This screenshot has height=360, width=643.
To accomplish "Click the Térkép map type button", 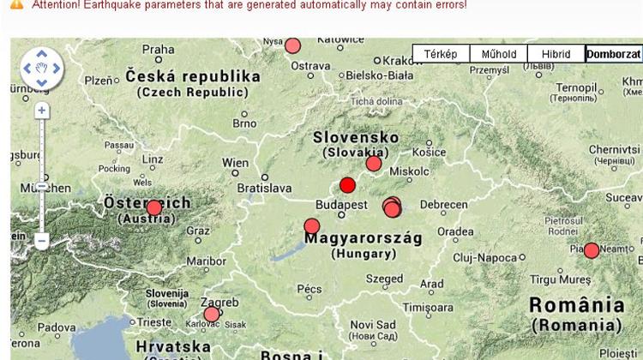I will pos(441,54).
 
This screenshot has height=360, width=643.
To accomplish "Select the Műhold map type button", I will pos(498,54).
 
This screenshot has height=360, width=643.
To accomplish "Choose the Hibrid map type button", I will pos(556,54).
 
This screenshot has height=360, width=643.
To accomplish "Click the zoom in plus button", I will pos(42,111).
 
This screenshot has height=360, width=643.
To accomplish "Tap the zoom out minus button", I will pos(42,241).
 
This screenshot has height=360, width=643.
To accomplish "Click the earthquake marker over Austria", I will pos(154,207).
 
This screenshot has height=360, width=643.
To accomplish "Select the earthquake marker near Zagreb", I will pos(212,314).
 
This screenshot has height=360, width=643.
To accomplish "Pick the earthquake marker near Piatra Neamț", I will pos(591,250).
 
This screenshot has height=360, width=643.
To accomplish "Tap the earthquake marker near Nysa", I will pos(292,45).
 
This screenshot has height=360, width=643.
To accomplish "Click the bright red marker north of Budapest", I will pos(347,185).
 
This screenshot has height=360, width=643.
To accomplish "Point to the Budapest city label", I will pos(341,206).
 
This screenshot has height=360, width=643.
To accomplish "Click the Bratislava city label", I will pos(264,186).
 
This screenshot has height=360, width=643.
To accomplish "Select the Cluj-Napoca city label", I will pos(487,257).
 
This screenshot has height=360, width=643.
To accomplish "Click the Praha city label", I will pos(158,50).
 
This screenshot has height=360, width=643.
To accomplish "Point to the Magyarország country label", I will pos(364,237).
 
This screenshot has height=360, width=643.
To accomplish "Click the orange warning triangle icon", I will pos(16,4).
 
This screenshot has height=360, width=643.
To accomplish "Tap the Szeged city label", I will pos(383,279).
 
